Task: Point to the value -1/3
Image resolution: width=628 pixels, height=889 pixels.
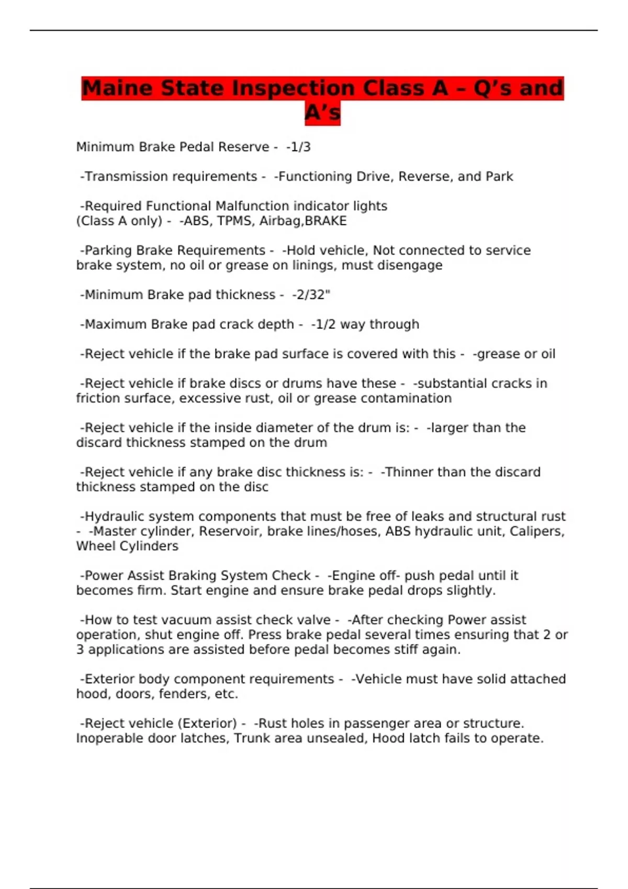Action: pos(298,147)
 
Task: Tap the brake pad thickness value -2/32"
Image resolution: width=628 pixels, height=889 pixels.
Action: pos(311,295)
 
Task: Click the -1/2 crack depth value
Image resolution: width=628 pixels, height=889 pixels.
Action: pos(323,325)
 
